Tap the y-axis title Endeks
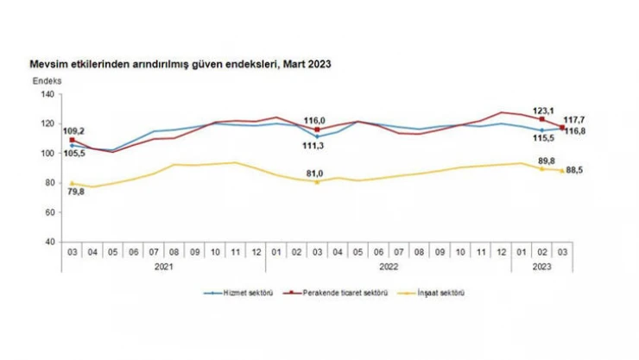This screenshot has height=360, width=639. [47, 80]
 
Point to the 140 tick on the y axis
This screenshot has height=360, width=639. [47, 94]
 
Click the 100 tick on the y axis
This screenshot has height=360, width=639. [47, 153]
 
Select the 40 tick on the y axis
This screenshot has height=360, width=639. [50, 242]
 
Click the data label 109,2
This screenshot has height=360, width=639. [73, 130]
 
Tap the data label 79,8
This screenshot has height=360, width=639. [75, 192]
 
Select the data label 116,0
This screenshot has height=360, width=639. [316, 121]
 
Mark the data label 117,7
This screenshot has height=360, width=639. [576, 120]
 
